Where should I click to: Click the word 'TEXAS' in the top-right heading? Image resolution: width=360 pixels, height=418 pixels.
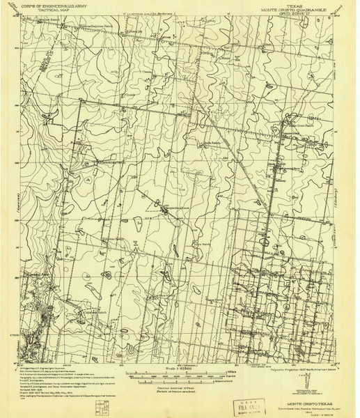[293, 4]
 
